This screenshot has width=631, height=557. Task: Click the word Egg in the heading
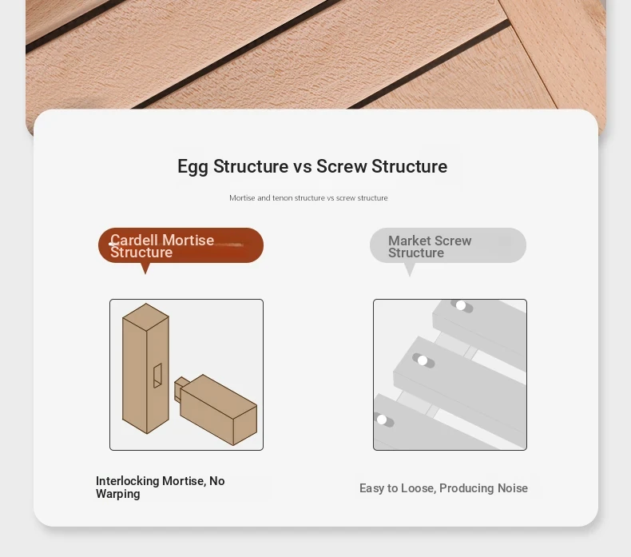pyautogui.click(x=192, y=167)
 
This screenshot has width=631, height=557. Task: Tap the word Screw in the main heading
pyautogui.click(x=342, y=166)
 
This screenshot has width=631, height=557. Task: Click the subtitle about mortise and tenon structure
pyautogui.click(x=308, y=197)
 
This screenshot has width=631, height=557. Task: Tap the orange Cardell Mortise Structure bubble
pyautogui.click(x=181, y=245)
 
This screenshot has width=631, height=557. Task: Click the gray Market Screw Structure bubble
pyautogui.click(x=448, y=245)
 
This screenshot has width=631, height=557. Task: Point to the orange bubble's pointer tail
pyautogui.click(x=145, y=269)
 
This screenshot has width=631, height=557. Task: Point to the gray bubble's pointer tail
pyautogui.click(x=410, y=269)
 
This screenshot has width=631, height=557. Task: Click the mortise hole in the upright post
pyautogui.click(x=157, y=376)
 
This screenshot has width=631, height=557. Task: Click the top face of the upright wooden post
pyautogui.click(x=145, y=316)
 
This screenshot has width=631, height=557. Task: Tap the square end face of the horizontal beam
pyautogui.click(x=245, y=425)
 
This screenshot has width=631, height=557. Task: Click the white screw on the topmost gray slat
pyautogui.click(x=461, y=306)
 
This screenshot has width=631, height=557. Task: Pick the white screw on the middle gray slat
pyautogui.click(x=423, y=360)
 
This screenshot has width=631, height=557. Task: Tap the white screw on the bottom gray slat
pyautogui.click(x=382, y=420)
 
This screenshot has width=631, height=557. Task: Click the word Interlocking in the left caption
pyautogui.click(x=128, y=481)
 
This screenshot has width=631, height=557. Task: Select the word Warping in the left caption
pyautogui.click(x=118, y=494)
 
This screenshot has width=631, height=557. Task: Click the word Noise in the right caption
pyautogui.click(x=513, y=488)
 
